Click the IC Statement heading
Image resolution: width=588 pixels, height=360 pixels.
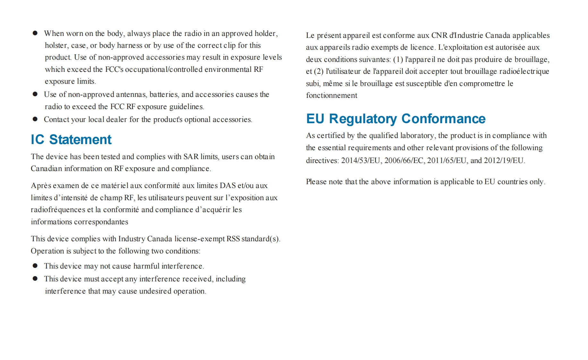pyautogui.click(x=71, y=140)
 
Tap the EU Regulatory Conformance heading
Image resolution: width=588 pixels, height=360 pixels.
pyautogui.click(x=396, y=119)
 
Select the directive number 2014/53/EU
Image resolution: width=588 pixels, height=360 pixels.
pyautogui.click(x=361, y=160)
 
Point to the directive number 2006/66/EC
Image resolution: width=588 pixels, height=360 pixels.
pyautogui.click(x=404, y=160)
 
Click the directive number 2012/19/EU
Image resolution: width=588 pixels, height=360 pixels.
pyautogui.click(x=504, y=160)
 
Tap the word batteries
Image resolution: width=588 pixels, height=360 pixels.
pyautogui.click(x=164, y=95)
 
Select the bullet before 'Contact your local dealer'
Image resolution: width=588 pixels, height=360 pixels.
pyautogui.click(x=35, y=119)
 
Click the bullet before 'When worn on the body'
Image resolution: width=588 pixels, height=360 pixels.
pyautogui.click(x=35, y=33)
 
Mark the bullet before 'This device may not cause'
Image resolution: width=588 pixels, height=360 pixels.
pyautogui.click(x=35, y=266)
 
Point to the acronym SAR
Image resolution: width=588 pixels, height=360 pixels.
pyautogui.click(x=191, y=157)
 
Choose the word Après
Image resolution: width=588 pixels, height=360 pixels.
pyautogui.click(x=41, y=186)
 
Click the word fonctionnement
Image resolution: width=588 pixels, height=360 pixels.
pyautogui.click(x=331, y=96)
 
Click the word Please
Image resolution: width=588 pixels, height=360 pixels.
pyautogui.click(x=316, y=182)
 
